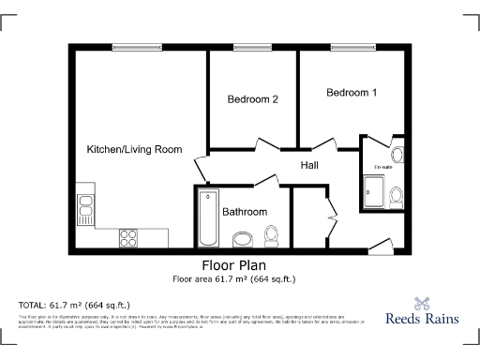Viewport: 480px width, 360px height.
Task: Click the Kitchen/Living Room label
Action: click(x=134, y=150)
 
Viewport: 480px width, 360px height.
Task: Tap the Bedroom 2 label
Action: click(x=252, y=99)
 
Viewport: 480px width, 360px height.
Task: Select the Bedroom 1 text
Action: click(x=352, y=93)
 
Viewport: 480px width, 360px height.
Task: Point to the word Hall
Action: click(x=310, y=166)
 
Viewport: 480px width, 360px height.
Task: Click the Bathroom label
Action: click(x=244, y=212)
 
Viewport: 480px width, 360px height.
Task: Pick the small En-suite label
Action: click(x=383, y=167)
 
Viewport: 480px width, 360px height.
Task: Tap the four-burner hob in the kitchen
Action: click(x=128, y=238)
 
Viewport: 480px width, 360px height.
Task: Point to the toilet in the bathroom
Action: click(x=271, y=234)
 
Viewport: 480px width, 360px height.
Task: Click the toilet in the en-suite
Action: click(x=397, y=195)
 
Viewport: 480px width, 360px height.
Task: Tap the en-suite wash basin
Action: click(x=397, y=156)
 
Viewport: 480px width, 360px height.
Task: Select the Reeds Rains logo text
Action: click(x=423, y=318)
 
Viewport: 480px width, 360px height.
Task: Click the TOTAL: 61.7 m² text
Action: click(x=74, y=305)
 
